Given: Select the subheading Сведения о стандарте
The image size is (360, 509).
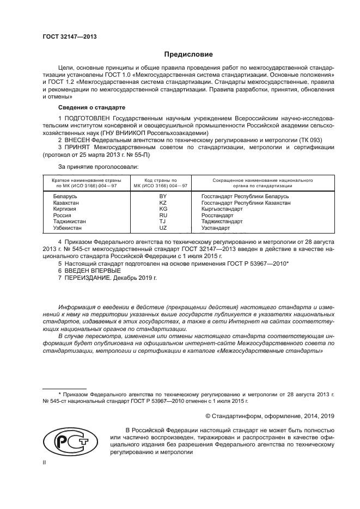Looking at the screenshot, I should pyautogui.click(x=84, y=107).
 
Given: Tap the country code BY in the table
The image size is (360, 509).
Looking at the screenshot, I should pyautogui.click(x=162, y=195).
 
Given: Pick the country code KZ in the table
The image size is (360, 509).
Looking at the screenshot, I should pyautogui.click(x=162, y=203).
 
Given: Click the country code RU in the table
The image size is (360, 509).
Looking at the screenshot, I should pyautogui.click(x=162, y=216).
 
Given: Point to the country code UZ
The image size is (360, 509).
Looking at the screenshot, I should pyautogui.click(x=162, y=228).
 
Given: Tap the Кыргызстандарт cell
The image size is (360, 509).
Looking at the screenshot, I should pyautogui.click(x=222, y=209).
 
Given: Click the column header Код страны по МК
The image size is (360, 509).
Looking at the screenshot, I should pyautogui.click(x=161, y=182).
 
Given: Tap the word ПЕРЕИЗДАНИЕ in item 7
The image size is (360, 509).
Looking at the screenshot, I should pyautogui.click(x=88, y=278).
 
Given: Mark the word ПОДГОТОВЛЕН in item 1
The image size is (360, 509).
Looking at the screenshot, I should pyautogui.click(x=90, y=118).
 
